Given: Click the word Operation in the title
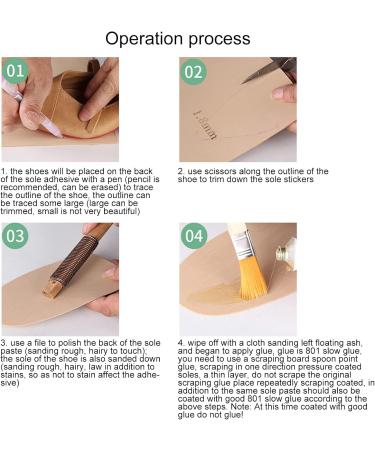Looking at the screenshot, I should [x=149, y=39].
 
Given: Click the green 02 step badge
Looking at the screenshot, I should [x=193, y=72].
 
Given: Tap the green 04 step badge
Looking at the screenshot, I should [x=193, y=238].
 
